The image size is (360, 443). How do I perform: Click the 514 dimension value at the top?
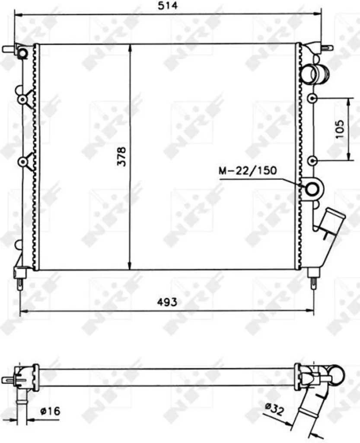(x=168, y=6)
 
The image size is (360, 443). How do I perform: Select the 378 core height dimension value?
(x=121, y=156)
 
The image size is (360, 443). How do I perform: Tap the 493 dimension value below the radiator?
(x=167, y=302)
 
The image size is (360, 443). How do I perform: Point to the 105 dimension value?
(x=340, y=129)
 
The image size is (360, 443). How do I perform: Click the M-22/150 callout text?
(x=248, y=170)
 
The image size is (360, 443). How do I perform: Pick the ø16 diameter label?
(x=50, y=411)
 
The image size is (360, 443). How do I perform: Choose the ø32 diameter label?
(x=274, y=409)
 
